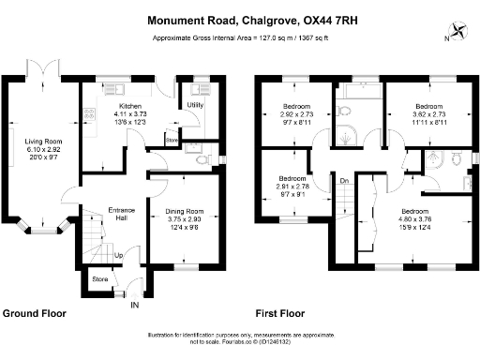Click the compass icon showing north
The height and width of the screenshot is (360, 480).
pos(460,30)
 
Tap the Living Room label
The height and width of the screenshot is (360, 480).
pos(43,142)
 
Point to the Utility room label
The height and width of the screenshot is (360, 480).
pos(195,105)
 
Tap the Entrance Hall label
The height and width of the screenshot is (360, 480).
pos(122,215)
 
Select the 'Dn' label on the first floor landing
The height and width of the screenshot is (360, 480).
pos(344,181)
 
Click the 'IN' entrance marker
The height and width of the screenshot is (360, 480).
pos(133,305)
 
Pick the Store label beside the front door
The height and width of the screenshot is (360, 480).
pos(99,278)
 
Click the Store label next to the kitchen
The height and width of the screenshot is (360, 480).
pos(171,140)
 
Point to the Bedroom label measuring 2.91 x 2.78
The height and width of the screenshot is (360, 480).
pos(292,177)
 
